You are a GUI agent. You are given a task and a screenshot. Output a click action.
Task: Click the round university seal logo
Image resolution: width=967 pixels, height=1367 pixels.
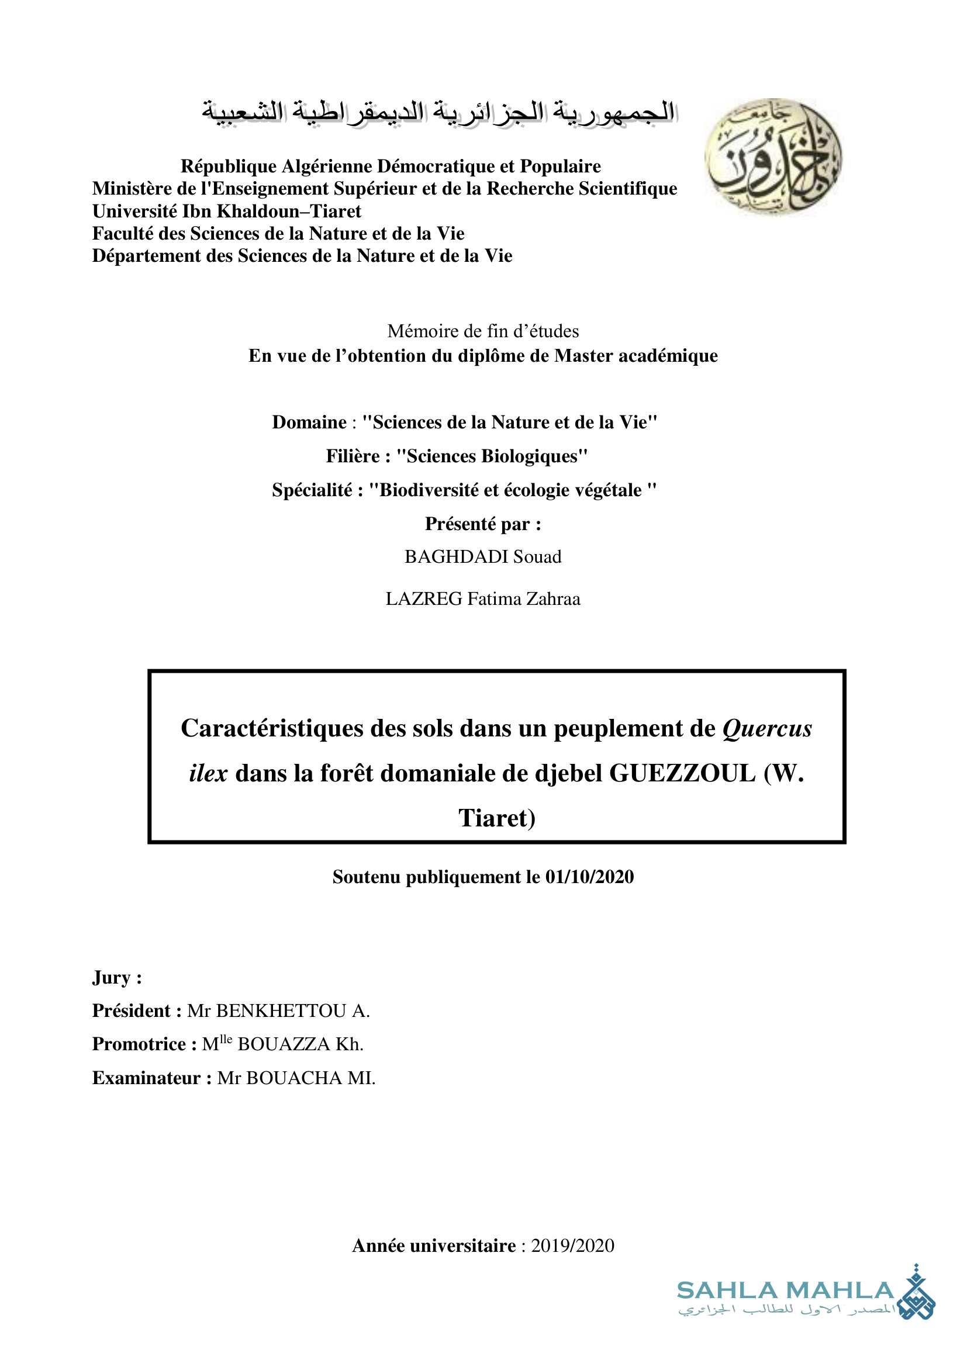click(773, 157)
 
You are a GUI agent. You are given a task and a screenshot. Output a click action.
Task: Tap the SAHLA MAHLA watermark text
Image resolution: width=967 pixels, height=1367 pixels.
click(785, 1290)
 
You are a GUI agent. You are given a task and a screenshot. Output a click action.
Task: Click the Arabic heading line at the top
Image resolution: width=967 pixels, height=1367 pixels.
click(439, 112)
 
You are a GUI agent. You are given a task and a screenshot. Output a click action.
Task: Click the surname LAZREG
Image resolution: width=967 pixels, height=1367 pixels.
click(423, 599)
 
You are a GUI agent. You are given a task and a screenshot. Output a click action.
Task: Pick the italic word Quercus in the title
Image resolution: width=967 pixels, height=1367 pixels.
click(767, 729)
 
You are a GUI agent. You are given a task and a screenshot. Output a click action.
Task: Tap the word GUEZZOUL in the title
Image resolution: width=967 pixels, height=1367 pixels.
click(682, 773)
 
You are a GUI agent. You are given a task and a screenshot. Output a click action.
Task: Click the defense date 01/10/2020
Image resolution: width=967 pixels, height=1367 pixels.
click(589, 877)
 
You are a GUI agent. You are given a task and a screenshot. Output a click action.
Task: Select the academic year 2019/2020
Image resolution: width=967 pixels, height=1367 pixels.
click(572, 1245)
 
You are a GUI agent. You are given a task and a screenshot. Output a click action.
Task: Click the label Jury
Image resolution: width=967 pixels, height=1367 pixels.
click(112, 978)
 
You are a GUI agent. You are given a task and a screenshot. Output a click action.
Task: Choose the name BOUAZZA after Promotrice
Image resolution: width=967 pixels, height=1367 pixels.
click(284, 1044)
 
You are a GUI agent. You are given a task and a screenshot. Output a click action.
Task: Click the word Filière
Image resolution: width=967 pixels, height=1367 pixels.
click(353, 456)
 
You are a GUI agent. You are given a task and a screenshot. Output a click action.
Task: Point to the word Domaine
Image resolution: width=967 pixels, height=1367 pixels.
click(309, 422)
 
